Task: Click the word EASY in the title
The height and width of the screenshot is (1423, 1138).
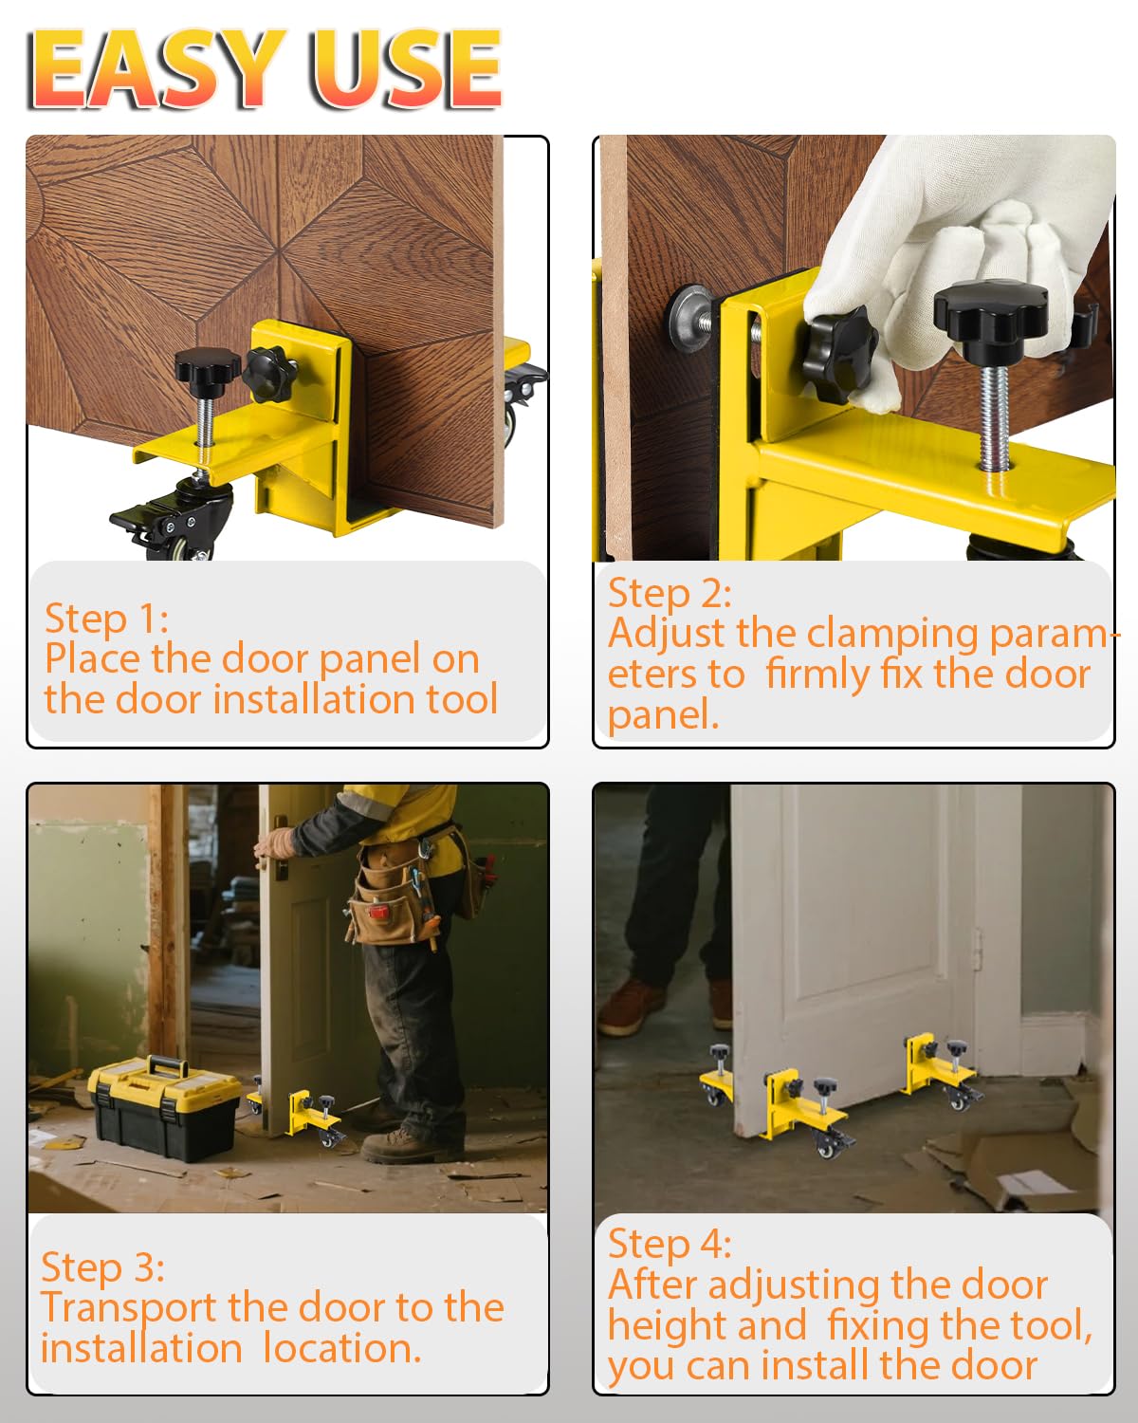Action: point(157,68)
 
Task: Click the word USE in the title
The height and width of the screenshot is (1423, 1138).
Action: point(406,68)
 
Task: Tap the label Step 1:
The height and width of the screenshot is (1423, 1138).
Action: point(106,619)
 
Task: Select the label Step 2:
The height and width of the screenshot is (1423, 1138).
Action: point(670,593)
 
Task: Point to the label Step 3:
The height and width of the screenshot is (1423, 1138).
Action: point(102,1267)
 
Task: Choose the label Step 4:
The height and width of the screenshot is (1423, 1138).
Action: point(670,1244)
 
